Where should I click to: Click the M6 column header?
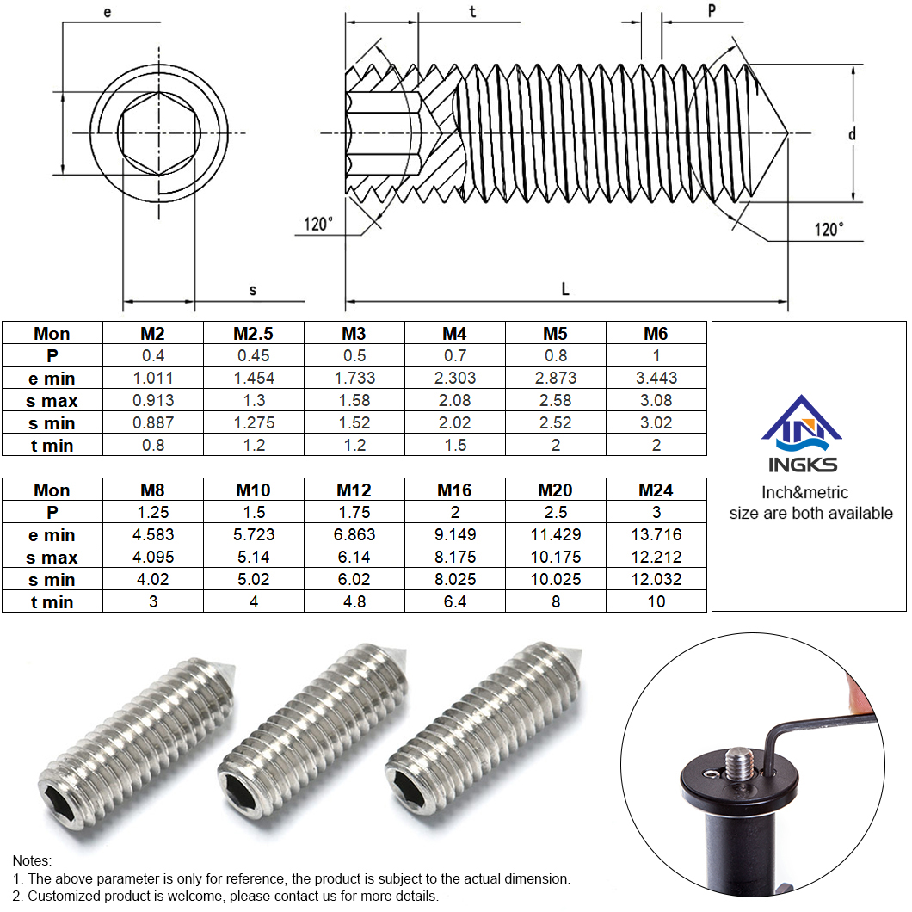coord(656,333)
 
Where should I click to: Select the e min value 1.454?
coord(254,378)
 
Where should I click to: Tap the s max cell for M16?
coord(455,558)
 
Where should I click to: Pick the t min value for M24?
coord(656,602)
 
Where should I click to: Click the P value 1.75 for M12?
coord(354,513)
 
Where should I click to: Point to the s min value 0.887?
coord(153,422)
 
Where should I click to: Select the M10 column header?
coord(253,490)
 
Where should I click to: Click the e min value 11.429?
coord(556,534)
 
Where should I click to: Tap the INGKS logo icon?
coord(802,423)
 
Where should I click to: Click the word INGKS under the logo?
coord(803,465)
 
